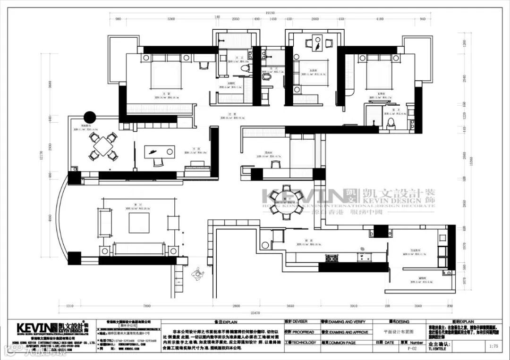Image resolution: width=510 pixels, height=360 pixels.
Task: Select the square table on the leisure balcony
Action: pyautogui.click(x=103, y=146)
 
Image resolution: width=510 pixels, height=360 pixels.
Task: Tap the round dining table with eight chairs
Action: pyautogui.click(x=287, y=202)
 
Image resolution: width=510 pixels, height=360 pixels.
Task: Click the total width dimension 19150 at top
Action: pyautogui.click(x=270, y=14)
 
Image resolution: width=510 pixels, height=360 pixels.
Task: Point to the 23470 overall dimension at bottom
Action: pyautogui.click(x=255, y=312)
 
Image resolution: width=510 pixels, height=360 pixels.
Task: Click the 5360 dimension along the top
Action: pyautogui.click(x=171, y=19)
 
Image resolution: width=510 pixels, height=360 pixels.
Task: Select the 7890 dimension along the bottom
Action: pyautogui.click(x=147, y=305)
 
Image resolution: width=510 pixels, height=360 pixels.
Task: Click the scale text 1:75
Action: pyautogui.click(x=493, y=346)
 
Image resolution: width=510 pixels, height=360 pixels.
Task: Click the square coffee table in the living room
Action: pyautogui.click(x=139, y=223)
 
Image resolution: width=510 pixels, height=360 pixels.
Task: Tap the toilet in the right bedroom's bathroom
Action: pyautogui.click(x=391, y=123)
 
